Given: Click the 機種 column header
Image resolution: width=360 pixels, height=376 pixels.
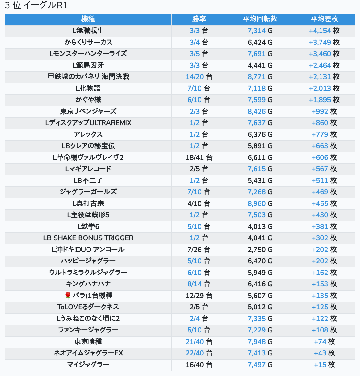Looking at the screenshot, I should pyautogui.click(x=88, y=19).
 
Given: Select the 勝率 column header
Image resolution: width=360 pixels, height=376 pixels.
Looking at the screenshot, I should pyautogui.click(x=199, y=19).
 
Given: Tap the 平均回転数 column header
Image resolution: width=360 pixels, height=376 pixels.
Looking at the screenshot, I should pyautogui.click(x=260, y=19).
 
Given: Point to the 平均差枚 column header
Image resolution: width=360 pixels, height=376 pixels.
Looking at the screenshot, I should pyautogui.click(x=324, y=19).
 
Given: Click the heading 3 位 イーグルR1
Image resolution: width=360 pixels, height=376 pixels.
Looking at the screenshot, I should pyautogui.click(x=36, y=5).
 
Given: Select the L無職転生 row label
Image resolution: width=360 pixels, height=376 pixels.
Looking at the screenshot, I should pyautogui.click(x=88, y=31).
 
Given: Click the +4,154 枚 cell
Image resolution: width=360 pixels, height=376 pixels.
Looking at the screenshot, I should pyautogui.click(x=324, y=31).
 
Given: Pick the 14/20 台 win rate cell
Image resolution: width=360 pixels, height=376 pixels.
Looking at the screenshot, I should pyautogui.click(x=199, y=77).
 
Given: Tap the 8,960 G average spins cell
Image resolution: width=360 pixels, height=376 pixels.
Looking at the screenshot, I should pyautogui.click(x=260, y=203).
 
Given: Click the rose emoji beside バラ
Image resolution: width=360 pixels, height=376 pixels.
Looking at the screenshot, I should pyautogui.click(x=68, y=296).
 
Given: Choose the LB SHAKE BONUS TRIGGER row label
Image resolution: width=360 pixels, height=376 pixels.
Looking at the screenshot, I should pyautogui.click(x=88, y=238).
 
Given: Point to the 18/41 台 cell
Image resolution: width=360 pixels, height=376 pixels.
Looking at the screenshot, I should pyautogui.click(x=199, y=157).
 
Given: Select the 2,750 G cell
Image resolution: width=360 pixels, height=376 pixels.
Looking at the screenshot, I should pyautogui.click(x=260, y=250).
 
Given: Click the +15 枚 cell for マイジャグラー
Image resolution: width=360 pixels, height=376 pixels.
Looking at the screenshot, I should pyautogui.click(x=324, y=365).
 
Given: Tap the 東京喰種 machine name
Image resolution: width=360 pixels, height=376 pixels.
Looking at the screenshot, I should pyautogui.click(x=88, y=342).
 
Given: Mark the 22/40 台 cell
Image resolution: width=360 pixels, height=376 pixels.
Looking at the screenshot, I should pyautogui.click(x=199, y=353).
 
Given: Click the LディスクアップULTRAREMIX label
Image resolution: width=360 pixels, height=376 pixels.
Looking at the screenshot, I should pyautogui.click(x=88, y=123).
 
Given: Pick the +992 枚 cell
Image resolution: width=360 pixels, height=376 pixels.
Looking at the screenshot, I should pyautogui.click(x=324, y=111).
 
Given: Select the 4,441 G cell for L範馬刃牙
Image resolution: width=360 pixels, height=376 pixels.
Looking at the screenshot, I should pyautogui.click(x=260, y=65).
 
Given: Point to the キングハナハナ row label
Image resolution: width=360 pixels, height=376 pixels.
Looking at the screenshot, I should pyautogui.click(x=88, y=284).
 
